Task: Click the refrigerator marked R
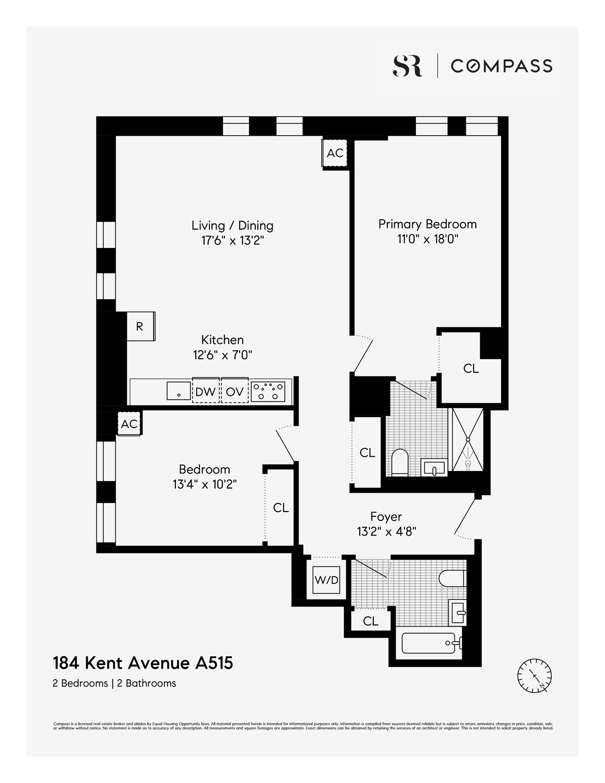click(x=140, y=326)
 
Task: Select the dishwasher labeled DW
click(x=206, y=391)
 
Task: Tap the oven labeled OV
click(x=234, y=391)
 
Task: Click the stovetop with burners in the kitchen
click(x=268, y=391)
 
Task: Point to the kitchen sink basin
click(x=179, y=390)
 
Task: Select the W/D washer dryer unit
click(x=326, y=580)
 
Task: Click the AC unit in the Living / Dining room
click(x=335, y=153)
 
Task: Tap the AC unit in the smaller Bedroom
click(x=129, y=424)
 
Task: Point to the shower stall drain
click(x=468, y=463)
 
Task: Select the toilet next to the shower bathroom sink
click(x=400, y=462)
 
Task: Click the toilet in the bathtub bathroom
click(x=452, y=578)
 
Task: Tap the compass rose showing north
click(x=535, y=676)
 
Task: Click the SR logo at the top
click(x=407, y=66)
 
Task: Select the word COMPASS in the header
click(x=501, y=66)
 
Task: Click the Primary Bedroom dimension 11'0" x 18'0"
click(x=427, y=239)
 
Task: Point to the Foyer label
click(x=386, y=517)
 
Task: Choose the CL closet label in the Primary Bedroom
click(x=471, y=369)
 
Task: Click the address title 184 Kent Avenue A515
click(x=143, y=663)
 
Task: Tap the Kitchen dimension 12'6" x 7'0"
click(x=222, y=355)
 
